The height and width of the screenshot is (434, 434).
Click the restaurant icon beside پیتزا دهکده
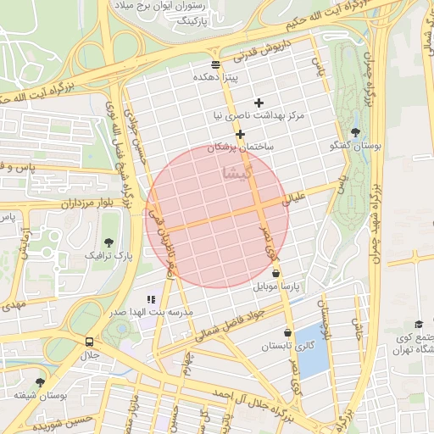pyautogui.click(x=215, y=64)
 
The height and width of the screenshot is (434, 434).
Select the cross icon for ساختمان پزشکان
pyautogui.click(x=241, y=134)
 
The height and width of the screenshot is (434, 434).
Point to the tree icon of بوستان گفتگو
pyautogui.click(x=354, y=131)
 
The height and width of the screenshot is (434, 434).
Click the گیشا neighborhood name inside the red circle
pyautogui.click(x=236, y=173)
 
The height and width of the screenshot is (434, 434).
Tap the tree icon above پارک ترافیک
pyautogui.click(x=108, y=242)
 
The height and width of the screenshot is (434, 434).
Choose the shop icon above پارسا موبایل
pyautogui.click(x=276, y=273)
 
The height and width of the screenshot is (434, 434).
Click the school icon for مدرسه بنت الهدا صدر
pyautogui.click(x=151, y=299)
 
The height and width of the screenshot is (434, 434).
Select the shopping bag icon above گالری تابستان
pyautogui.click(x=288, y=333)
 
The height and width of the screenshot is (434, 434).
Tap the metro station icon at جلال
pyautogui.click(x=89, y=341)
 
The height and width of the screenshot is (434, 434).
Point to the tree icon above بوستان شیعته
pyautogui.click(x=40, y=382)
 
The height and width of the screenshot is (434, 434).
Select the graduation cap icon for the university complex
pyautogui.click(x=418, y=325)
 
